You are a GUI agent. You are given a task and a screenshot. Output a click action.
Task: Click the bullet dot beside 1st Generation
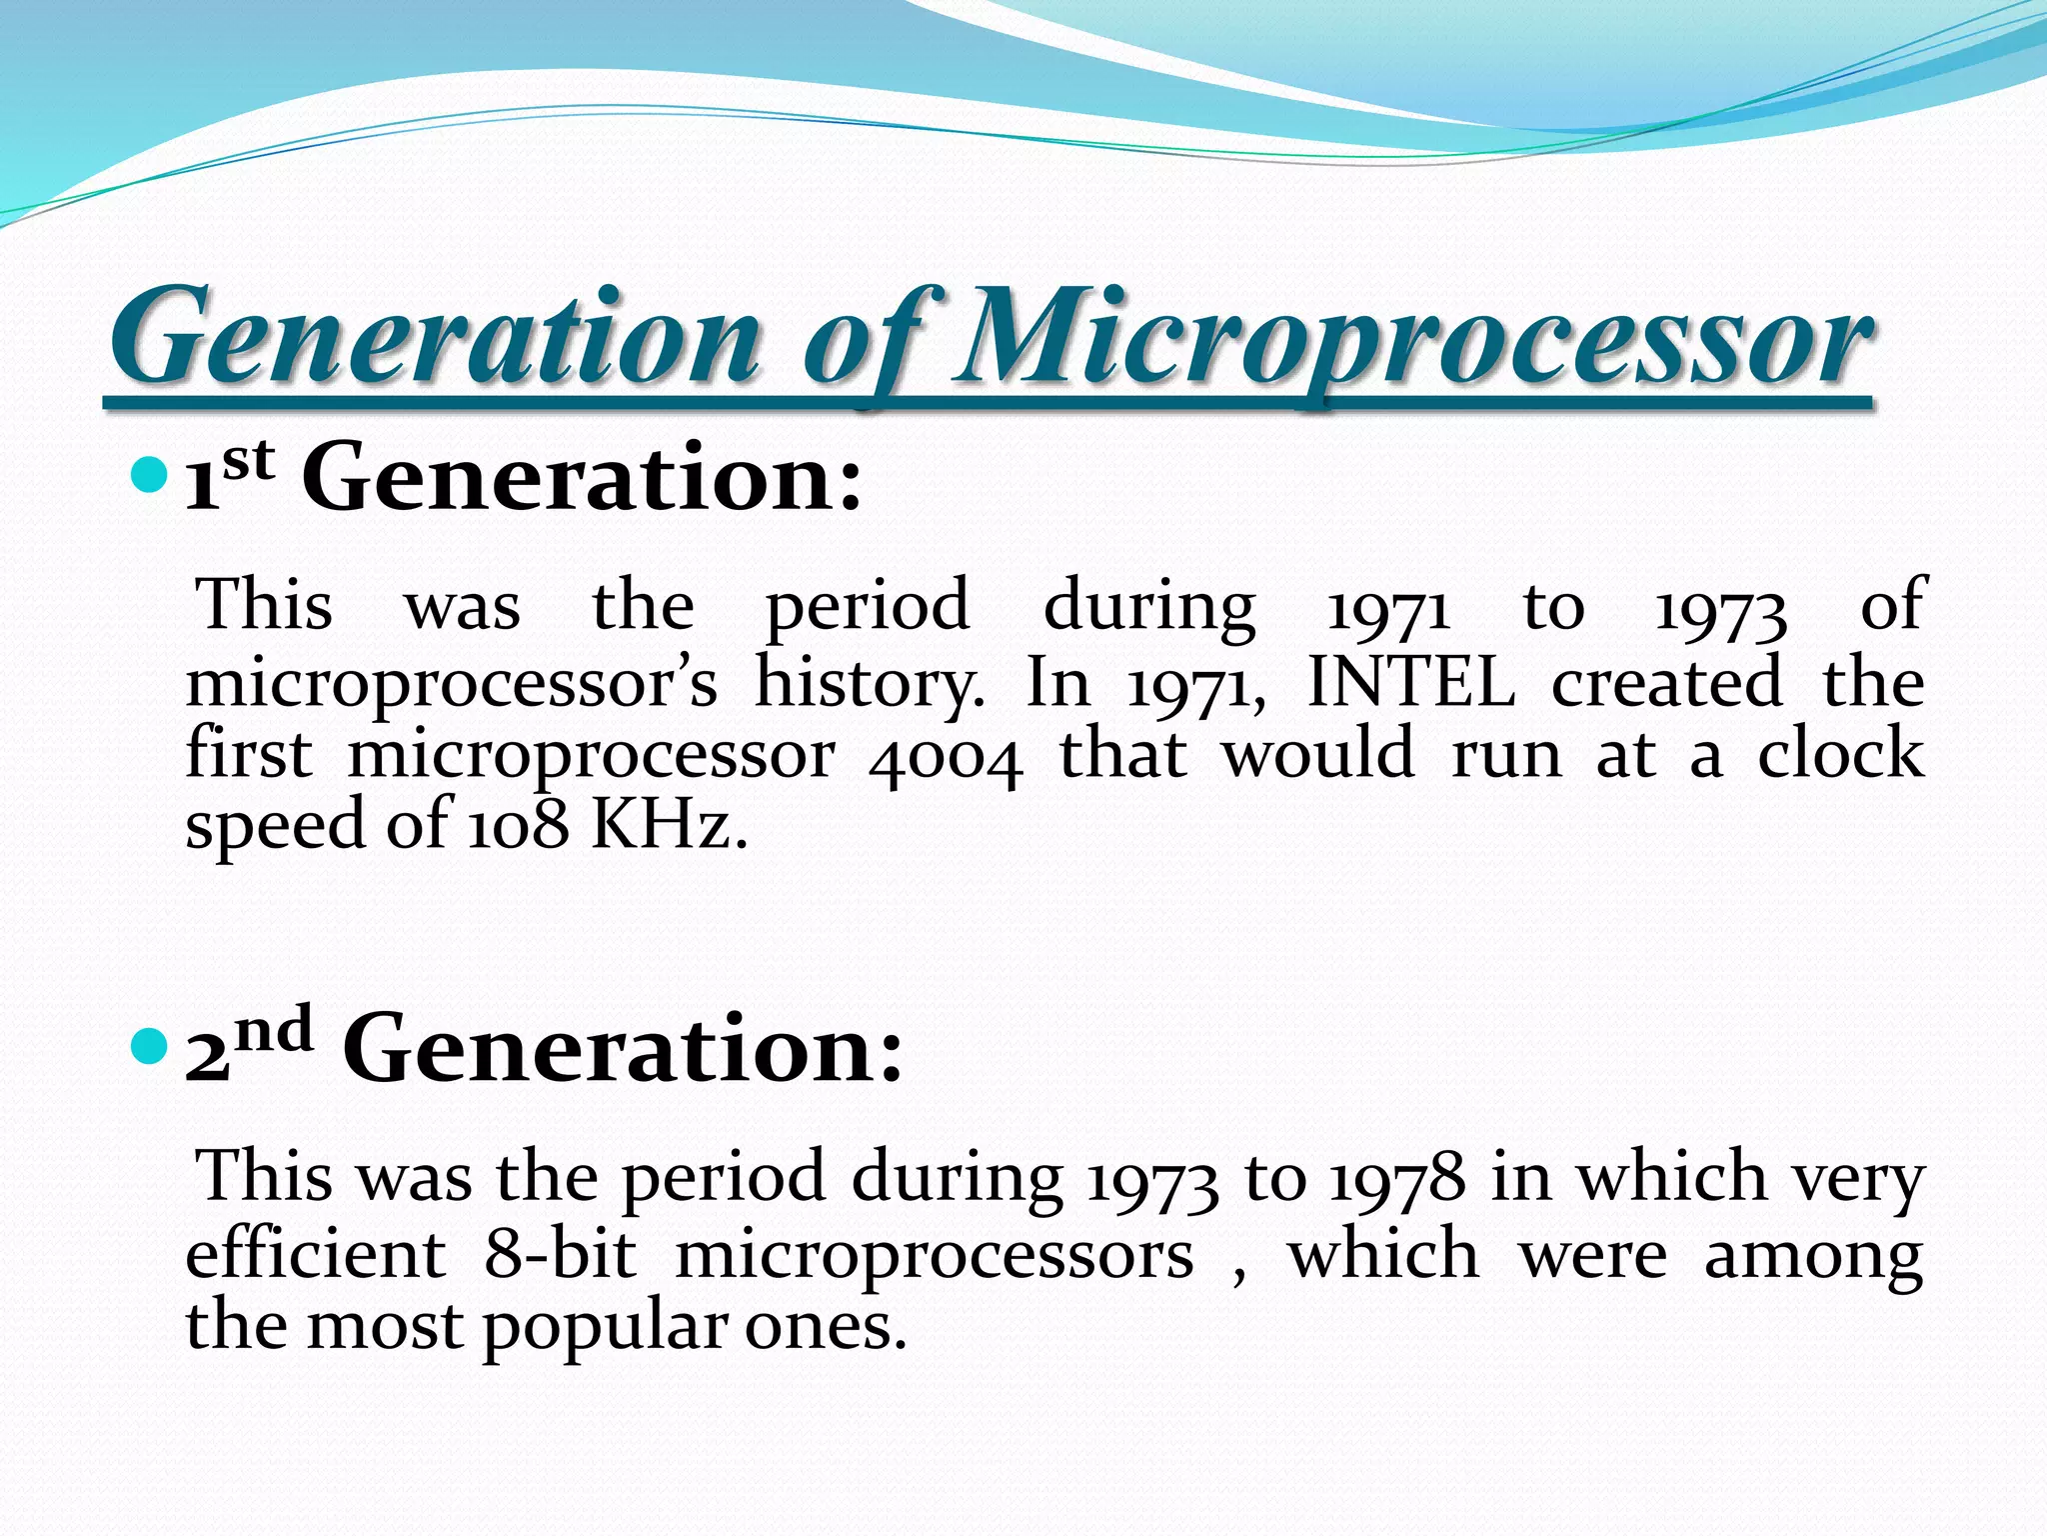pyautogui.click(x=149, y=475)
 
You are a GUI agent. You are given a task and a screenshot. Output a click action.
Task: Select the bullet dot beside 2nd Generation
pyautogui.click(x=149, y=1047)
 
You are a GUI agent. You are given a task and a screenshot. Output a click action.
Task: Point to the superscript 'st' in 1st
pyautogui.click(x=248, y=461)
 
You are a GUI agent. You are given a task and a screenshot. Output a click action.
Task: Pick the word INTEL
pyautogui.click(x=1410, y=683)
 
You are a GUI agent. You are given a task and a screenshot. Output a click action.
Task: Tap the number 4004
pyautogui.click(x=946, y=757)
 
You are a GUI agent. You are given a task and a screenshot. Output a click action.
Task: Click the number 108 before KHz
pyautogui.click(x=519, y=827)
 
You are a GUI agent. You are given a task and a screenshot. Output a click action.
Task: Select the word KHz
pyautogui.click(x=668, y=825)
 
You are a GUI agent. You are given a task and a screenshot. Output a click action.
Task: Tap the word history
pyautogui.click(x=869, y=685)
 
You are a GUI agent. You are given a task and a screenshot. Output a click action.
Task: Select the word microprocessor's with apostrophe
pyautogui.click(x=451, y=685)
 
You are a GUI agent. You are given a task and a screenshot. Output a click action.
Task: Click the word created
pyautogui.click(x=1666, y=683)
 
